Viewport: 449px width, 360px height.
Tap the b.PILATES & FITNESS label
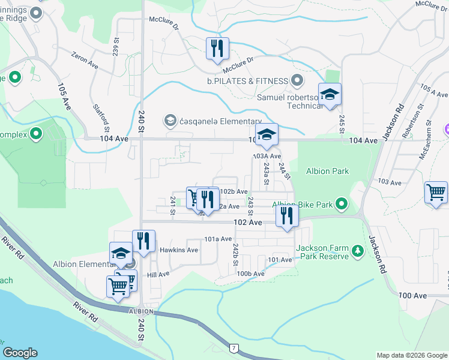coord(247,80)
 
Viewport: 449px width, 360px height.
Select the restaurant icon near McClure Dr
coord(217,49)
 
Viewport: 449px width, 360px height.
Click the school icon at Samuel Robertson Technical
coord(330,95)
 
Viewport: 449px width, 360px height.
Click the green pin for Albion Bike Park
coord(342,205)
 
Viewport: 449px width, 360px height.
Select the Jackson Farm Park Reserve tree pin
coord(358,249)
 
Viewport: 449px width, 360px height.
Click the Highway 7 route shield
coord(233,348)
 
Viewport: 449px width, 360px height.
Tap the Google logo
coord(20,353)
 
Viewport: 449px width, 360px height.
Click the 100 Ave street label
coord(413,296)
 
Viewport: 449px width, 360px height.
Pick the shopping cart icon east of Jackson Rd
coord(436,193)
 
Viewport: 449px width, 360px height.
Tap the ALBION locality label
coord(142,312)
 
